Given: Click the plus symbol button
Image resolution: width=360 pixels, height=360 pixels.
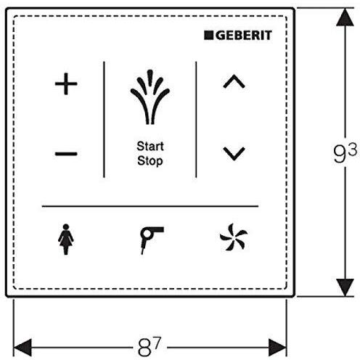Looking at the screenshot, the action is click(x=66, y=84).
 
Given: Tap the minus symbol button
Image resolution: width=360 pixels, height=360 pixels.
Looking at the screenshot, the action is click(x=66, y=153).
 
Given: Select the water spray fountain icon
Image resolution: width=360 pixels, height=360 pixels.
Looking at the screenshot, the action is click(x=150, y=97).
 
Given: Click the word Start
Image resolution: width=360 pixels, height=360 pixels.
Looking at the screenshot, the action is click(x=150, y=146).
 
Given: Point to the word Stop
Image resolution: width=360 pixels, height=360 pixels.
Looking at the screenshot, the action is click(x=150, y=161).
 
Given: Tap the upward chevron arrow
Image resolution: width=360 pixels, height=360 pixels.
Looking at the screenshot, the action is click(x=234, y=81).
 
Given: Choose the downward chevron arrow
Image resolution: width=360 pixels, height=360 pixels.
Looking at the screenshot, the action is click(x=234, y=154).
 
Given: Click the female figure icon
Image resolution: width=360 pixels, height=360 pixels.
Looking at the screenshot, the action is click(x=66, y=240).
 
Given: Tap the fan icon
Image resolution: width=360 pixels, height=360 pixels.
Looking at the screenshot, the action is click(x=234, y=237).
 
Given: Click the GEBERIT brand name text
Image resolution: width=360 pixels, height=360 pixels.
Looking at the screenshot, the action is click(x=244, y=36).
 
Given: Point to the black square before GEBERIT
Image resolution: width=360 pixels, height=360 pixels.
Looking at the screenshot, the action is click(x=208, y=36).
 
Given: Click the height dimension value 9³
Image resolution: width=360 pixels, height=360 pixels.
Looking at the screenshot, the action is click(x=345, y=153).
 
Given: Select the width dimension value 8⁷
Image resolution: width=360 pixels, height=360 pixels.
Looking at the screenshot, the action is click(x=150, y=347).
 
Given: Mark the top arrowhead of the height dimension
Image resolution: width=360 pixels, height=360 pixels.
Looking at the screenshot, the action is click(x=345, y=17).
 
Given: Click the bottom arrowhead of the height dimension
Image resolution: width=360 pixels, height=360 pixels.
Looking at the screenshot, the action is click(x=345, y=287).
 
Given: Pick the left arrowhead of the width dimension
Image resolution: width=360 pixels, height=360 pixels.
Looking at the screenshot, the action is click(x=22, y=348).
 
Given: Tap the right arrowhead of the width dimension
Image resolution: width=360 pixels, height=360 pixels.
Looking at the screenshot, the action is click(x=278, y=348).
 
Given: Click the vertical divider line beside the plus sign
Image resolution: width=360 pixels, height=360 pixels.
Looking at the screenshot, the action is click(x=104, y=120).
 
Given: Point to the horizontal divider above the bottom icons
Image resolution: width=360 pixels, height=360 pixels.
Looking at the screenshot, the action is click(x=150, y=206).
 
